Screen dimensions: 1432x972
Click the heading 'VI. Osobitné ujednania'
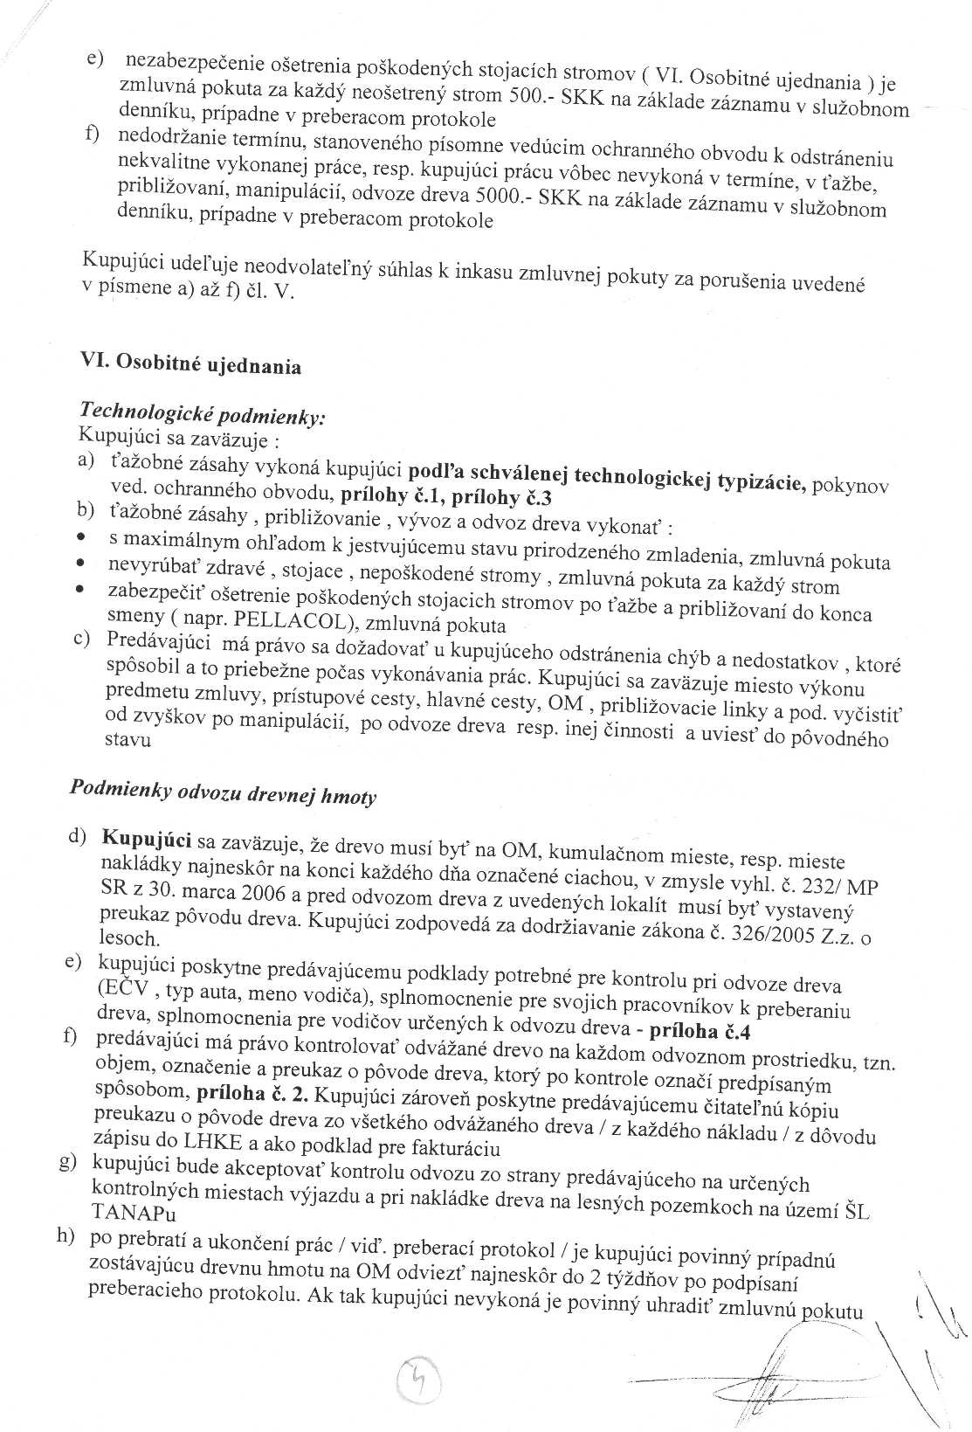190,363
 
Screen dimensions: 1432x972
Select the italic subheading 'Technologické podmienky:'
202,412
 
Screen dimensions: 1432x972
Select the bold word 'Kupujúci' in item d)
146,839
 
